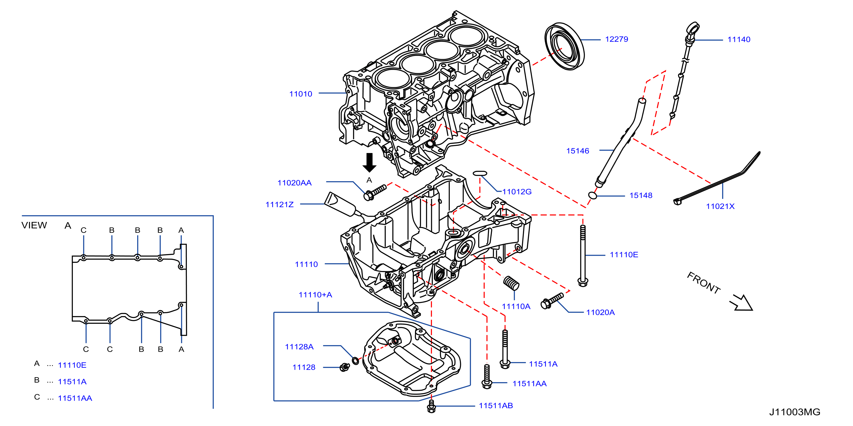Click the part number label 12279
pyautogui.click(x=617, y=39)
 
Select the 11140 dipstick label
pyautogui.click(x=739, y=39)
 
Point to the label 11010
pyautogui.click(x=301, y=94)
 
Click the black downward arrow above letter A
pyautogui.click(x=369, y=162)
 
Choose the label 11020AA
pyautogui.click(x=294, y=183)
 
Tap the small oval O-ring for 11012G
pyautogui.click(x=480, y=173)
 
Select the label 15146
pyautogui.click(x=577, y=151)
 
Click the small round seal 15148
pyautogui.click(x=592, y=195)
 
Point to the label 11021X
pyautogui.click(x=720, y=206)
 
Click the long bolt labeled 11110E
pyautogui.click(x=583, y=255)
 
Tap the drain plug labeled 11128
pyautogui.click(x=345, y=367)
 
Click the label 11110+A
pyautogui.click(x=315, y=295)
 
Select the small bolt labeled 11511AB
pyautogui.click(x=431, y=406)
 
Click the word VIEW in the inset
pyautogui.click(x=34, y=225)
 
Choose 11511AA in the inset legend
pyautogui.click(x=75, y=398)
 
